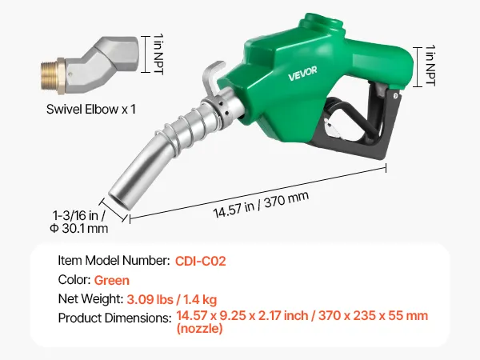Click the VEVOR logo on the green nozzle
point(302,74)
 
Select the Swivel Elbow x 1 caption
point(91,110)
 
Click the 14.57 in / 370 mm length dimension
point(261,204)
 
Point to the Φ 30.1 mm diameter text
point(79,228)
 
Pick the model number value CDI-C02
point(201,261)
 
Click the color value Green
point(112,281)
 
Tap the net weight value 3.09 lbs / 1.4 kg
point(172,299)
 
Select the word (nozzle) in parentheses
point(199,329)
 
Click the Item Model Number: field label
point(114,261)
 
